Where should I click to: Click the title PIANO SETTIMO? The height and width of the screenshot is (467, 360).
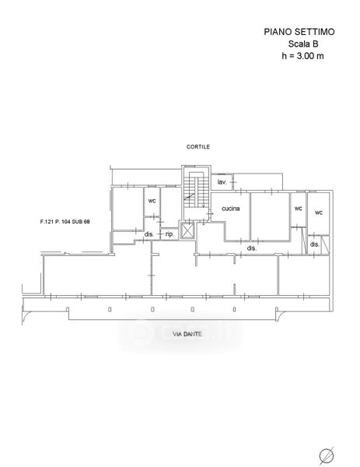coord(299,32)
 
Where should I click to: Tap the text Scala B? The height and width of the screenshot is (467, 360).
coord(303,44)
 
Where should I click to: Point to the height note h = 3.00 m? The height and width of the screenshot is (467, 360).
coord(302,56)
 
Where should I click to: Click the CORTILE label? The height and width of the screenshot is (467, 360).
coord(198,146)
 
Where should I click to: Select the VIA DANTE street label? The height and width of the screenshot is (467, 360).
coord(187,334)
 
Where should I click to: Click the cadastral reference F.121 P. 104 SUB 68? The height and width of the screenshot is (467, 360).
coord(65,222)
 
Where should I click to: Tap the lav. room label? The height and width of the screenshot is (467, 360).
coord(222,182)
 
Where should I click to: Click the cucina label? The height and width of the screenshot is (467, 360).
coord(231,209)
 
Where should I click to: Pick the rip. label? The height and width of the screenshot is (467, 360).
coord(170,234)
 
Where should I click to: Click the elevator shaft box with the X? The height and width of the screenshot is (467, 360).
coord(187,230)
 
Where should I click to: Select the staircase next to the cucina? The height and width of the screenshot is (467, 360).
coord(195,190)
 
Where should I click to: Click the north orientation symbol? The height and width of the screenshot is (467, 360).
coord(327,455)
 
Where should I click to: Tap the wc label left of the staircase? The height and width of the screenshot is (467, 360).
coord(152,201)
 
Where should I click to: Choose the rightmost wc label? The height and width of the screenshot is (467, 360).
coord(319,212)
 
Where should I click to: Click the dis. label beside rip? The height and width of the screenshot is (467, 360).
coord(149,234)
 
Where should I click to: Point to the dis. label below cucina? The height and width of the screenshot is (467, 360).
coord(252,248)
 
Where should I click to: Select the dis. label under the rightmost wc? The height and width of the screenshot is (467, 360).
coord(315,244)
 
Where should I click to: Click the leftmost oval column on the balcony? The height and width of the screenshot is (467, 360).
coord(110,310)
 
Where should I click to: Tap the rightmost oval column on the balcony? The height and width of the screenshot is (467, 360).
coord(235,310)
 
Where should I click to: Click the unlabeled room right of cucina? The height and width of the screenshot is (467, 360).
coord(270,216)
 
